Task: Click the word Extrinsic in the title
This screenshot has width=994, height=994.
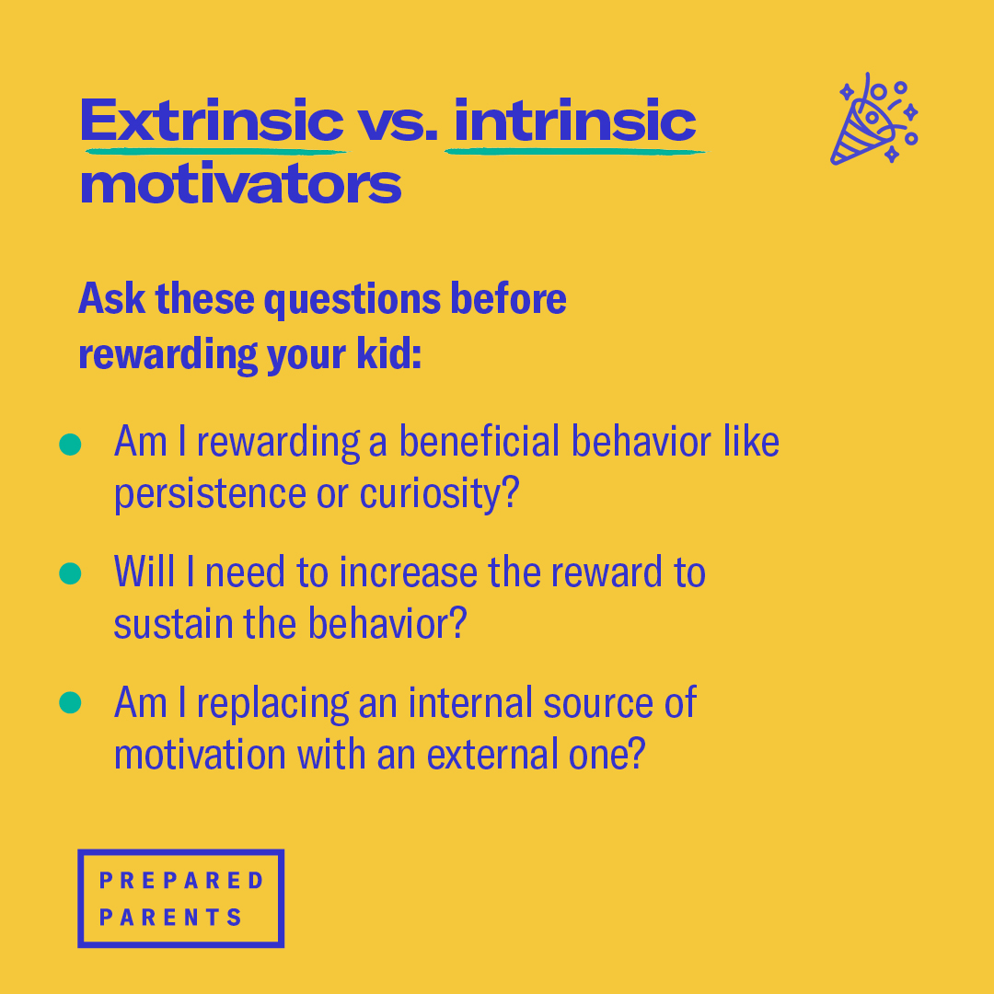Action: pos(212,121)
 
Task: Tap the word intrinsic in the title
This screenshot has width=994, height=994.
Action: pos(575,121)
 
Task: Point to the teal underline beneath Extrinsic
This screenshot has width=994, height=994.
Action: pos(215,152)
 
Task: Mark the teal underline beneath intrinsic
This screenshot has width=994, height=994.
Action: pos(575,152)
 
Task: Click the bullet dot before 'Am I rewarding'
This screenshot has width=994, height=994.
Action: pos(70,445)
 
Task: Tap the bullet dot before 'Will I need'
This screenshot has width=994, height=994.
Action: pos(70,573)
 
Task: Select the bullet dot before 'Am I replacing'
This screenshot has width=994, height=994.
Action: pos(70,702)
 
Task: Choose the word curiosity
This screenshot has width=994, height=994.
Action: pos(439,494)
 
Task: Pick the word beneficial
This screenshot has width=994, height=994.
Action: pos(480,441)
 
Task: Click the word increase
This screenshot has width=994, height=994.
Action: pos(409,572)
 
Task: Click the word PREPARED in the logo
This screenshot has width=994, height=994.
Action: pos(181,880)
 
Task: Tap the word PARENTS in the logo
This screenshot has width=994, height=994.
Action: pos(170,917)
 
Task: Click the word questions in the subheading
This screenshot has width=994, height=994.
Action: pos(352,300)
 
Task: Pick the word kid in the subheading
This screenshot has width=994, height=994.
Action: pos(388,353)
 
